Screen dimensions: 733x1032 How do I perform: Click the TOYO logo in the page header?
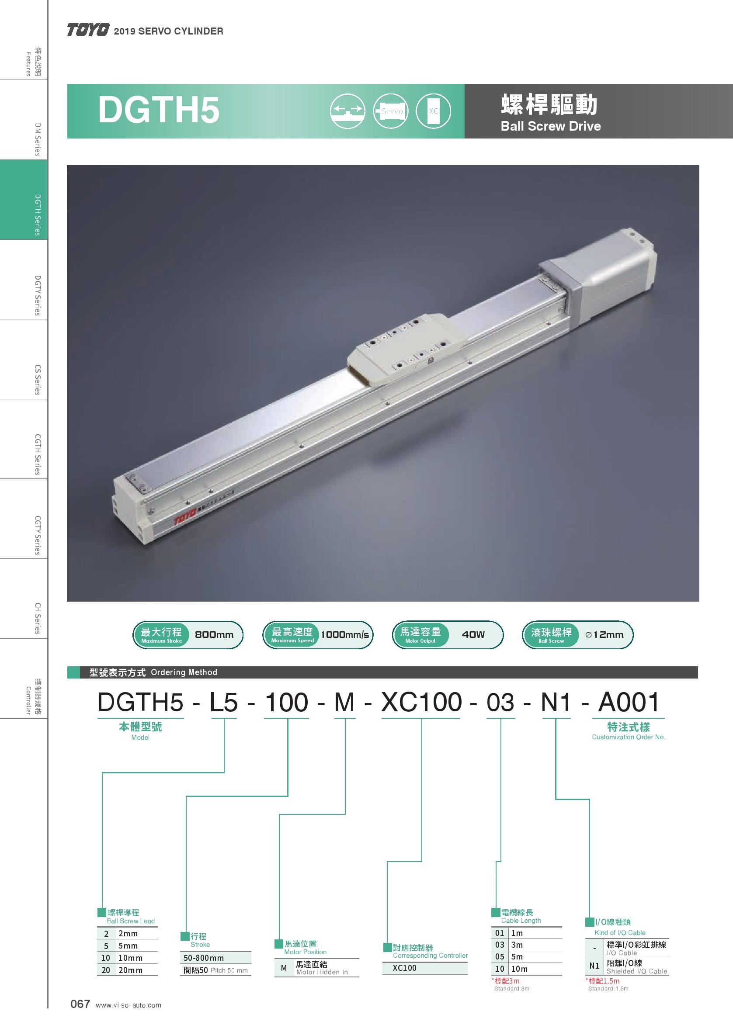88,30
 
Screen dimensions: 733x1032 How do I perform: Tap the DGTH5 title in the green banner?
159,110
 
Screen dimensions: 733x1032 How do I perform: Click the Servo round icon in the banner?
391,111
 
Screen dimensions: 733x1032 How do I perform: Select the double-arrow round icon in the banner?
347,111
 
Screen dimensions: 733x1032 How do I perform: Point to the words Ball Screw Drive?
551,126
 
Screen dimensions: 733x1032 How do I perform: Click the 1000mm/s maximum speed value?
345,635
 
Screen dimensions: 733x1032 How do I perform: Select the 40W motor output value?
473,635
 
